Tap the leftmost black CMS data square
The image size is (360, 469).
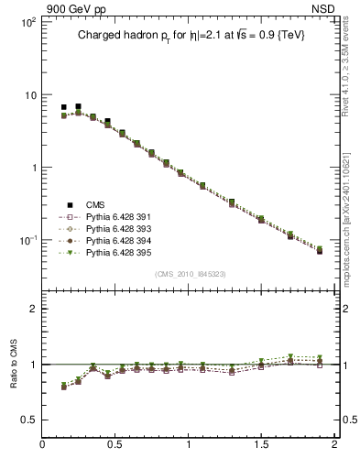(x=64, y=108)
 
